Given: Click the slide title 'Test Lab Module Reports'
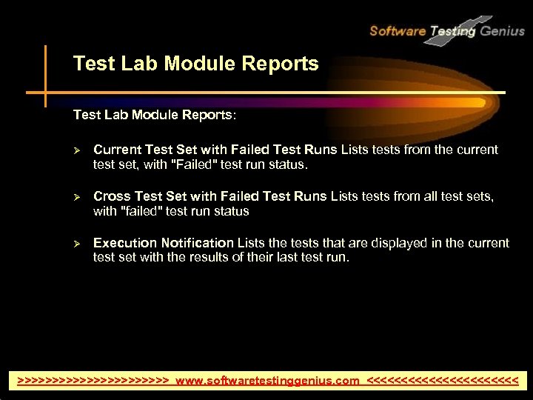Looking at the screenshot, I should point(195,64).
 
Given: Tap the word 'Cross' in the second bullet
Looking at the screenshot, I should point(112,196).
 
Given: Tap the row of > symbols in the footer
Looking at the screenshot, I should point(93,381).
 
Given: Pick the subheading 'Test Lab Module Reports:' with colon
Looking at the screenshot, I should point(155,116).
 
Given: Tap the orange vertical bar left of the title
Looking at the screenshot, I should point(45,74).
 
